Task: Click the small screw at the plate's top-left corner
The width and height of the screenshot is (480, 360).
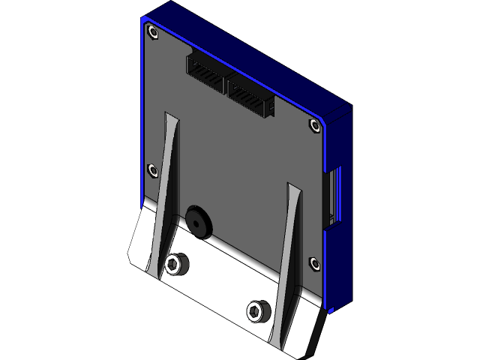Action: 153,32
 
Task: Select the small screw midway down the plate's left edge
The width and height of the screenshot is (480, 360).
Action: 153,169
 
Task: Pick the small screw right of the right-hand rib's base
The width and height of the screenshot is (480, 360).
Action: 313,262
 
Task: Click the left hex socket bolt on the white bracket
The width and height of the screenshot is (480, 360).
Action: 177,262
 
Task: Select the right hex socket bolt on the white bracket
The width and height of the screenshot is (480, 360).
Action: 257,309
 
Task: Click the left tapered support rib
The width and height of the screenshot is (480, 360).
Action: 169,187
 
